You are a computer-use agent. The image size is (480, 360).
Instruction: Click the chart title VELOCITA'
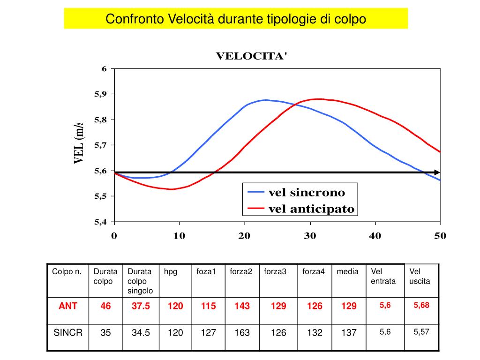click(251, 56)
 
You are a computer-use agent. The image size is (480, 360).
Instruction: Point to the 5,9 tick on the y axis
click(101, 94)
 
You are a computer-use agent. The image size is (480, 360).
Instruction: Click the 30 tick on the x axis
click(309, 236)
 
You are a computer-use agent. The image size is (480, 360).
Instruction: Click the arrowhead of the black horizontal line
click(437, 172)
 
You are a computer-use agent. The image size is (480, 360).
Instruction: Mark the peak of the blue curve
click(265, 100)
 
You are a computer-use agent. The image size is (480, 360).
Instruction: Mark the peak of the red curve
click(319, 99)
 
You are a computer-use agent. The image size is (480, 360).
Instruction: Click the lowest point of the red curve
click(171, 189)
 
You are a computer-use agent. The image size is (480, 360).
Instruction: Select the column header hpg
click(171, 271)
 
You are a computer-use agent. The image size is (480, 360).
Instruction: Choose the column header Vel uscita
click(420, 276)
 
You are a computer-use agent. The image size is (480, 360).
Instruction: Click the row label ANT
click(68, 306)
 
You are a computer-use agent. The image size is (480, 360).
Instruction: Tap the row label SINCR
click(68, 333)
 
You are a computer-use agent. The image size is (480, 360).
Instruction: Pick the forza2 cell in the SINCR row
click(242, 333)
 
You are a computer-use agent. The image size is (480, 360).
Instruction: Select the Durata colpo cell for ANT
click(105, 306)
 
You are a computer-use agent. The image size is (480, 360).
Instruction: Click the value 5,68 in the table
click(421, 305)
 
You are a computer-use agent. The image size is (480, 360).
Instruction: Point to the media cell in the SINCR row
click(349, 333)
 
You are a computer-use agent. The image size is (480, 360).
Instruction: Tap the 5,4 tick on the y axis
click(101, 222)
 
